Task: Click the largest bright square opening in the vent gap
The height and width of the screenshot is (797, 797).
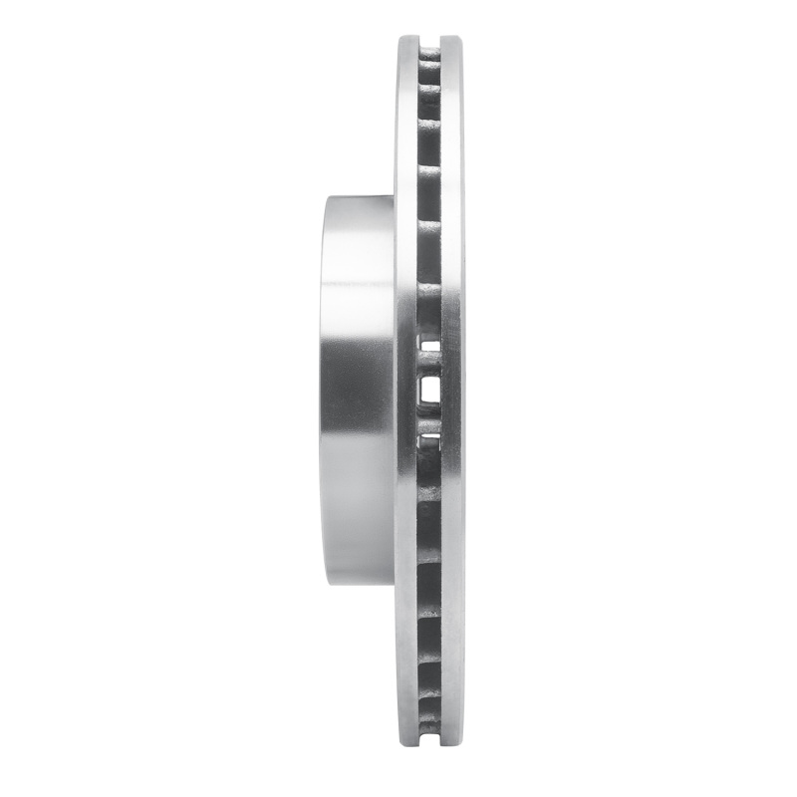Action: (429, 389)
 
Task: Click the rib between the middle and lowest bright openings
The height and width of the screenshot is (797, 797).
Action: (429, 420)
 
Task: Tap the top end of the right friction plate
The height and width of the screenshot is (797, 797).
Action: (453, 40)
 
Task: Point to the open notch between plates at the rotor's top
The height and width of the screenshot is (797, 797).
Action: (430, 42)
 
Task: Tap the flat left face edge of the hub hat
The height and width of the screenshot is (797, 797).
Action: (323, 398)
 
